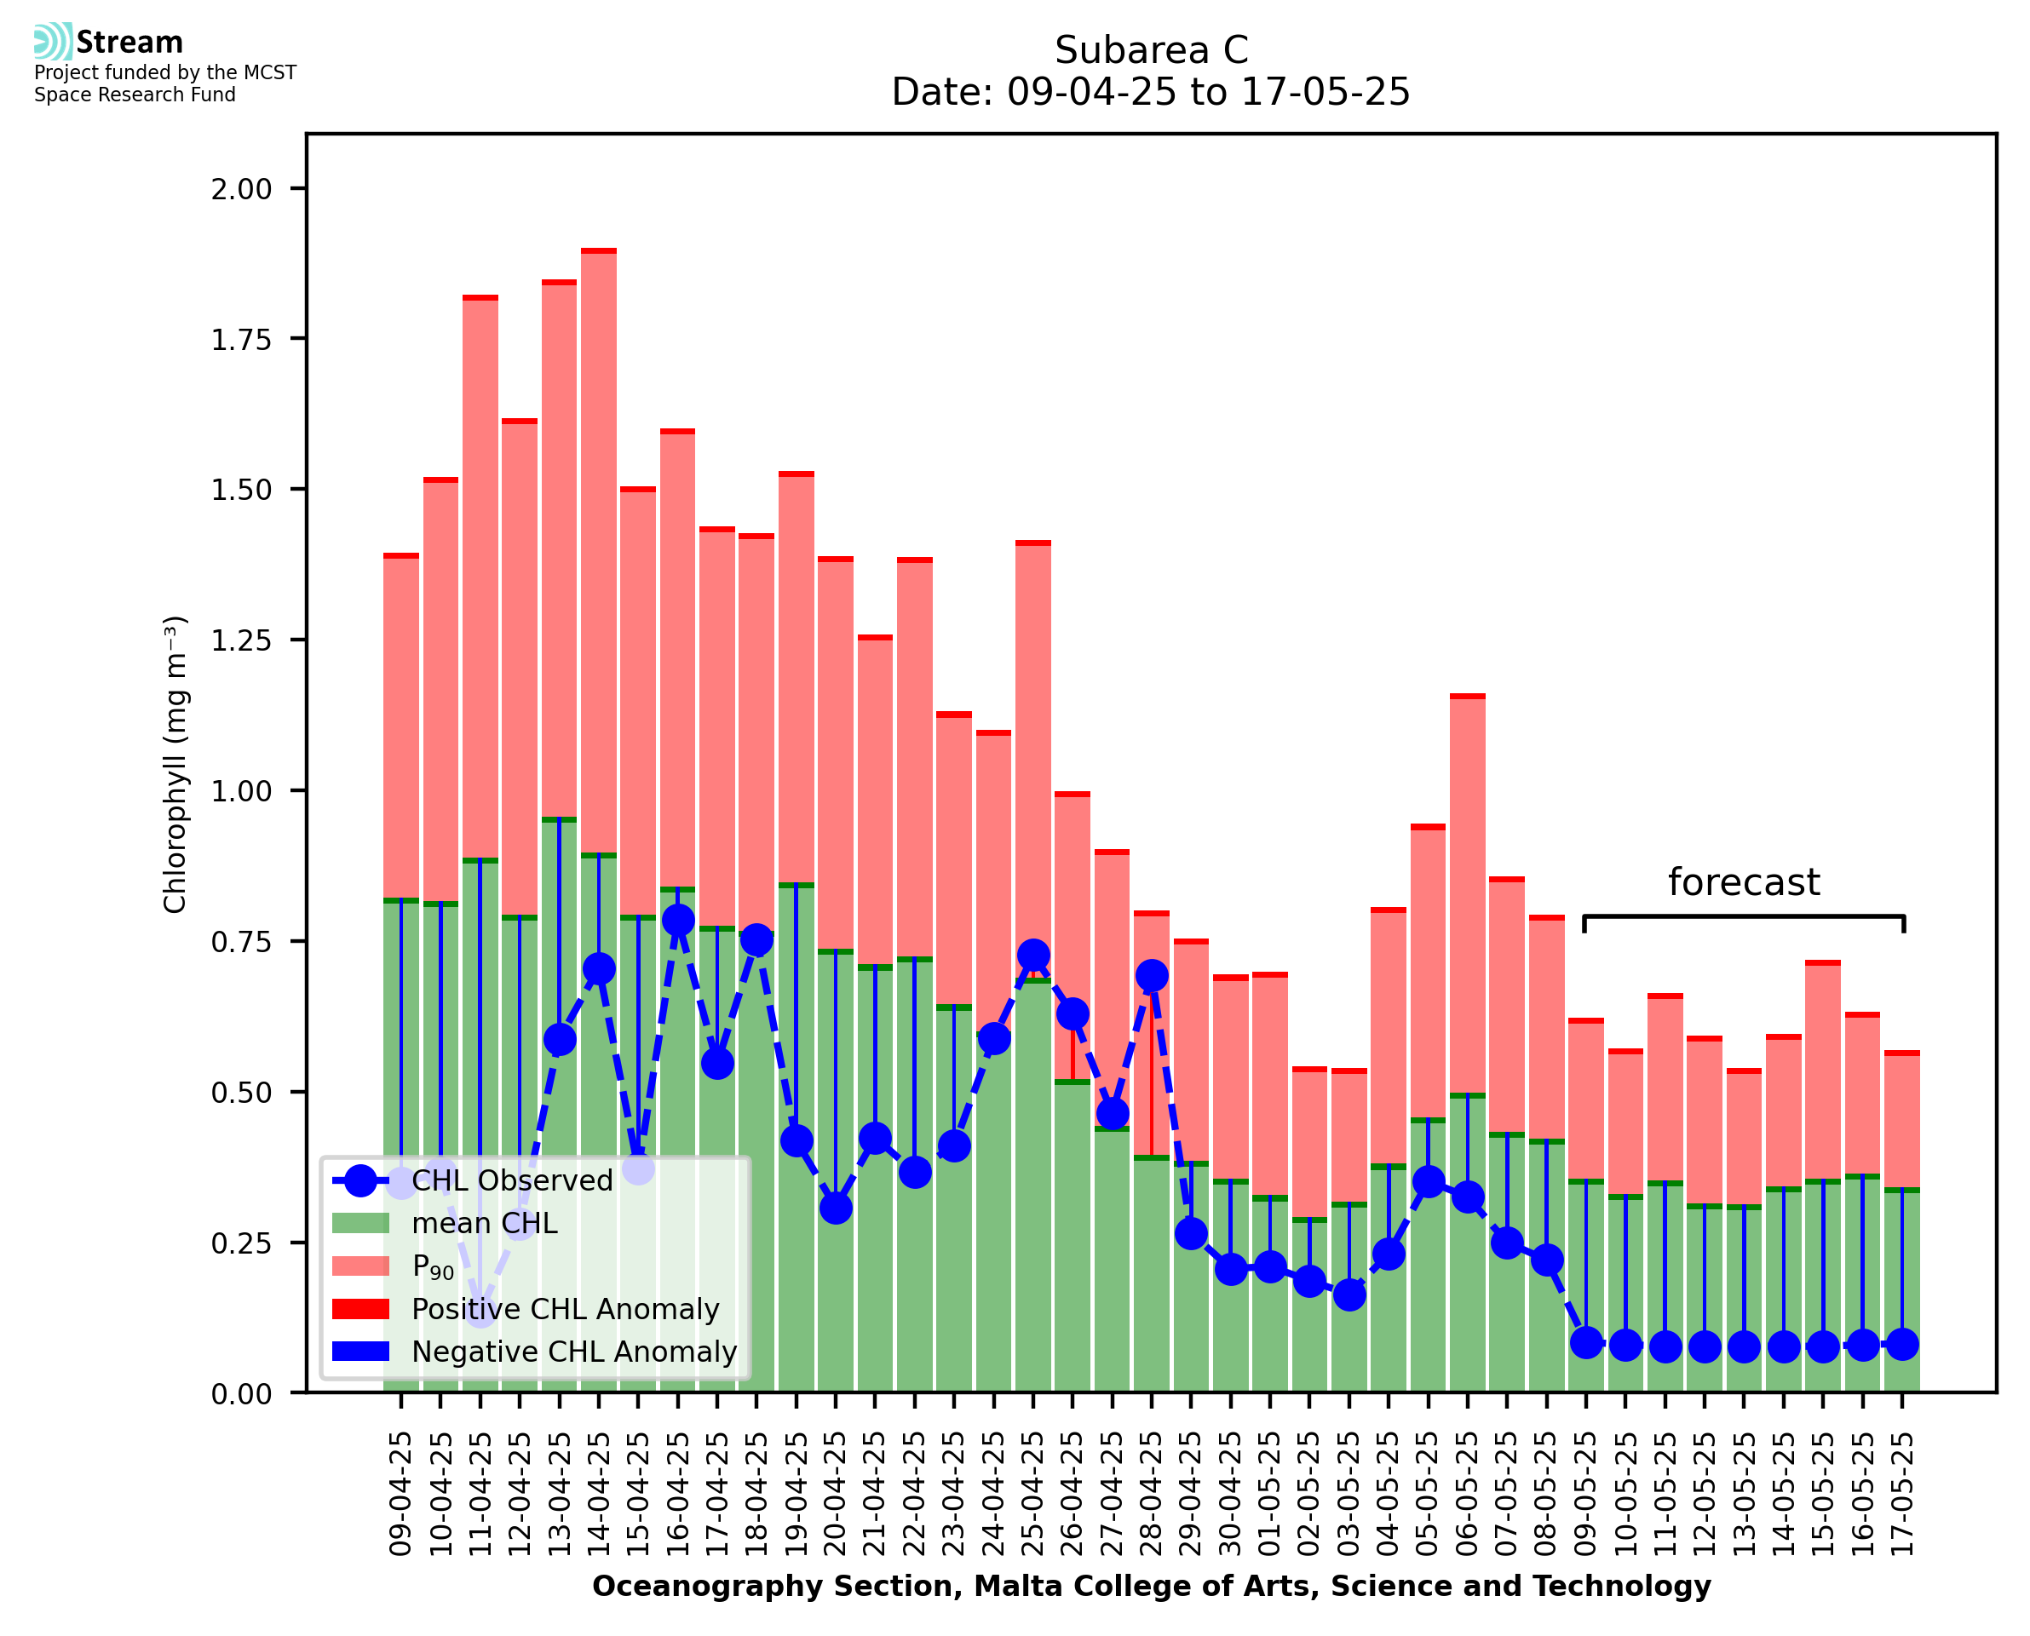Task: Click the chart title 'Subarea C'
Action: tap(1151, 50)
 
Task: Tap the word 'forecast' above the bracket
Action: tap(1743, 882)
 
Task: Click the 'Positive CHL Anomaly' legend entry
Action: tap(565, 1309)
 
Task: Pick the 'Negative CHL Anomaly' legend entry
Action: tap(573, 1352)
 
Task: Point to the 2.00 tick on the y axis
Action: tap(241, 189)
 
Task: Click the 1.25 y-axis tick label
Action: tap(241, 640)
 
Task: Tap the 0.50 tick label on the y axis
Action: tap(241, 1094)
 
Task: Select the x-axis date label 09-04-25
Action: tap(401, 1495)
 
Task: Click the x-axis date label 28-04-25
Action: tap(1152, 1495)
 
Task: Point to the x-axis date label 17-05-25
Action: tap(1902, 1495)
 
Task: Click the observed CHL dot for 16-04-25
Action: tap(677, 920)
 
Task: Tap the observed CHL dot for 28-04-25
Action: tap(1152, 975)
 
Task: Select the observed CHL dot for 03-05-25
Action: tap(1349, 1294)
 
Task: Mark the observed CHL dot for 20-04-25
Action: tap(836, 1208)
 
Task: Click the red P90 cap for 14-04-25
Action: tap(599, 250)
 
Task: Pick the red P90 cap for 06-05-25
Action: tap(1468, 697)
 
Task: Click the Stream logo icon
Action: tap(53, 42)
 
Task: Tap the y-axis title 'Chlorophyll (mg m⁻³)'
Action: tap(175, 764)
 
